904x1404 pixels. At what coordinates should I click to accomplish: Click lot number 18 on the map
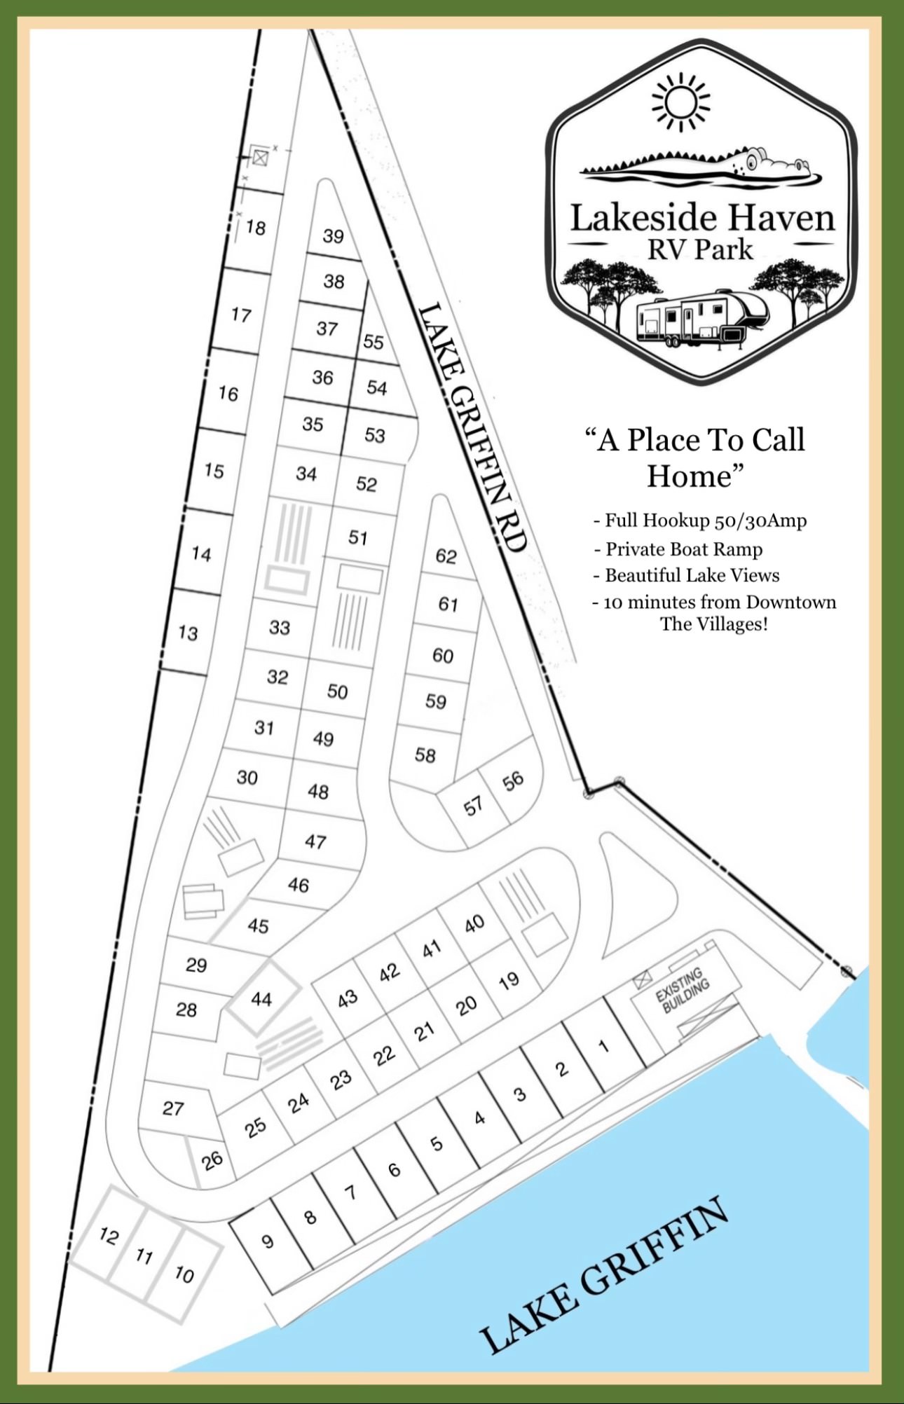pyautogui.click(x=256, y=228)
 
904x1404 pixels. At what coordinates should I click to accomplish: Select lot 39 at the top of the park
pyautogui.click(x=333, y=236)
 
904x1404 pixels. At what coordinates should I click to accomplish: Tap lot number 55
pyautogui.click(x=374, y=342)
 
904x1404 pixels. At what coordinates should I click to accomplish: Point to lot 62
pyautogui.click(x=446, y=556)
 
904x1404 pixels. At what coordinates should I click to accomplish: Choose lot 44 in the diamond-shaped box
pyautogui.click(x=261, y=999)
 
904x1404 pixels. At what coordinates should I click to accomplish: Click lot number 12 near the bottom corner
pyautogui.click(x=109, y=1235)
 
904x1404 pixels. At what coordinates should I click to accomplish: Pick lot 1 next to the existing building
pyautogui.click(x=603, y=1047)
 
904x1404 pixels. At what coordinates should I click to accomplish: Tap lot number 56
pyautogui.click(x=513, y=780)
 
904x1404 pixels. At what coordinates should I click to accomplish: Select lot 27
pyautogui.click(x=173, y=1108)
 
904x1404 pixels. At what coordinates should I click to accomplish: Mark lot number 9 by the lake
pyautogui.click(x=267, y=1242)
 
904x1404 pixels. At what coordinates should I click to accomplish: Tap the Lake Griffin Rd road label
pyautogui.click(x=472, y=427)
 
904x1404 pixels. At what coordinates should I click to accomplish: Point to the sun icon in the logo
pyautogui.click(x=680, y=103)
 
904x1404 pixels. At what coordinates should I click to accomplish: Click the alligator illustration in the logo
pyautogui.click(x=701, y=166)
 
